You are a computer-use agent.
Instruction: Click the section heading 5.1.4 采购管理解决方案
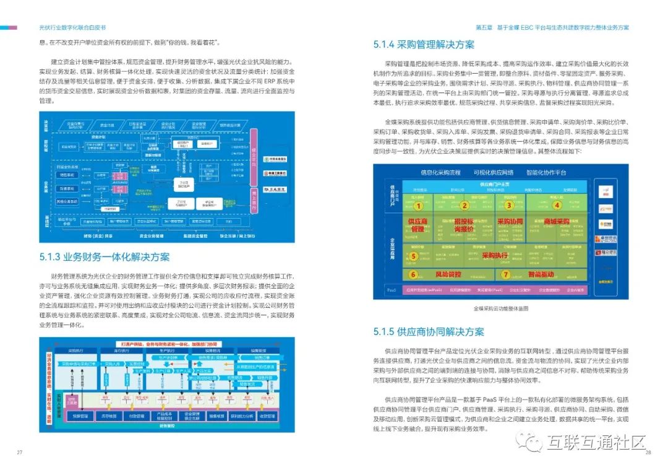click(424, 45)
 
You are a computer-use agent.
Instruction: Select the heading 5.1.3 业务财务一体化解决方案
click(104, 257)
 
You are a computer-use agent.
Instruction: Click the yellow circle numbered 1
click(418, 206)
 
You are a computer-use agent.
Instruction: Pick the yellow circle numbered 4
click(557, 206)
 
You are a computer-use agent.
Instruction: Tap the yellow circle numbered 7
click(505, 274)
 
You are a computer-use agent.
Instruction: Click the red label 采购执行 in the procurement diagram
click(494, 255)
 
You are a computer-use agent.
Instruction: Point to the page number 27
click(20, 453)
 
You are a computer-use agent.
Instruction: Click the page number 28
click(648, 453)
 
